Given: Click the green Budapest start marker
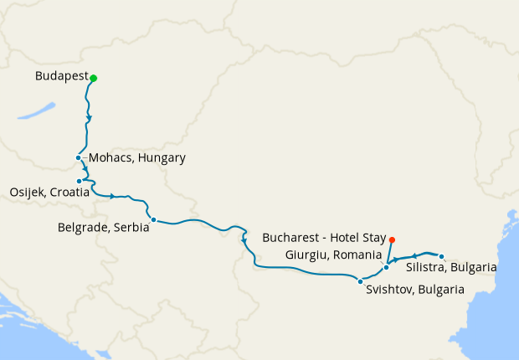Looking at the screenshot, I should click(94, 79).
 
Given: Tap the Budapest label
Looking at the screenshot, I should click(62, 77).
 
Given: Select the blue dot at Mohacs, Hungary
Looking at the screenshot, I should click(78, 157).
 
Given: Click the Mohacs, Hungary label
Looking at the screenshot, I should click(136, 158).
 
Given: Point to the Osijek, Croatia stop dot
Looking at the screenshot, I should click(80, 181).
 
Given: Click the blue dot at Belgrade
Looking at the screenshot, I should click(152, 220).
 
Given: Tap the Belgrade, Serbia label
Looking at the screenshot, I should click(103, 226).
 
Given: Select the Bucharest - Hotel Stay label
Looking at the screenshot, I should click(324, 238).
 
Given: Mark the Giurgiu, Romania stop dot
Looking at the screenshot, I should click(386, 268).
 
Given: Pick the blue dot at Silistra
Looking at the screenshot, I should click(442, 257).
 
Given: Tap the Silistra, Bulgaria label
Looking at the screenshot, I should click(450, 268).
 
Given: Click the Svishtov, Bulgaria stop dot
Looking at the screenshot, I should click(360, 281).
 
